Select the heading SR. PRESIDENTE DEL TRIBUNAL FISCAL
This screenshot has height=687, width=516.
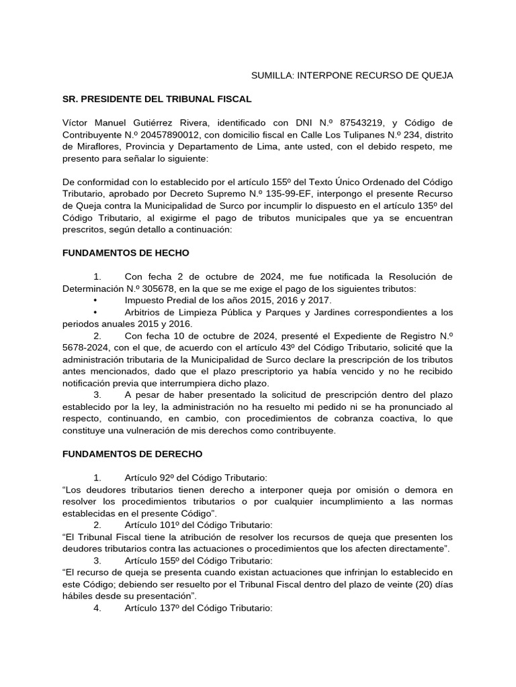(157, 99)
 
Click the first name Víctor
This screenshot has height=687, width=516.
(76, 123)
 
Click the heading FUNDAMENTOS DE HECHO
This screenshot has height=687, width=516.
(126, 253)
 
